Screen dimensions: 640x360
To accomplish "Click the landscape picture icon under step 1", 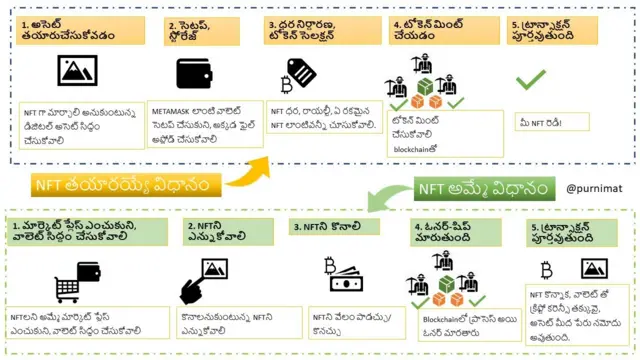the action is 77,70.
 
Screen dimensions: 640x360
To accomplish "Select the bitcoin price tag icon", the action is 297,72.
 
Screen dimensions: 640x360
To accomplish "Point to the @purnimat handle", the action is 595,187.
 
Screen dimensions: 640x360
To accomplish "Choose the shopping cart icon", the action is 72,283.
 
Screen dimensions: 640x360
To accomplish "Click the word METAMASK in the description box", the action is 176,106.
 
